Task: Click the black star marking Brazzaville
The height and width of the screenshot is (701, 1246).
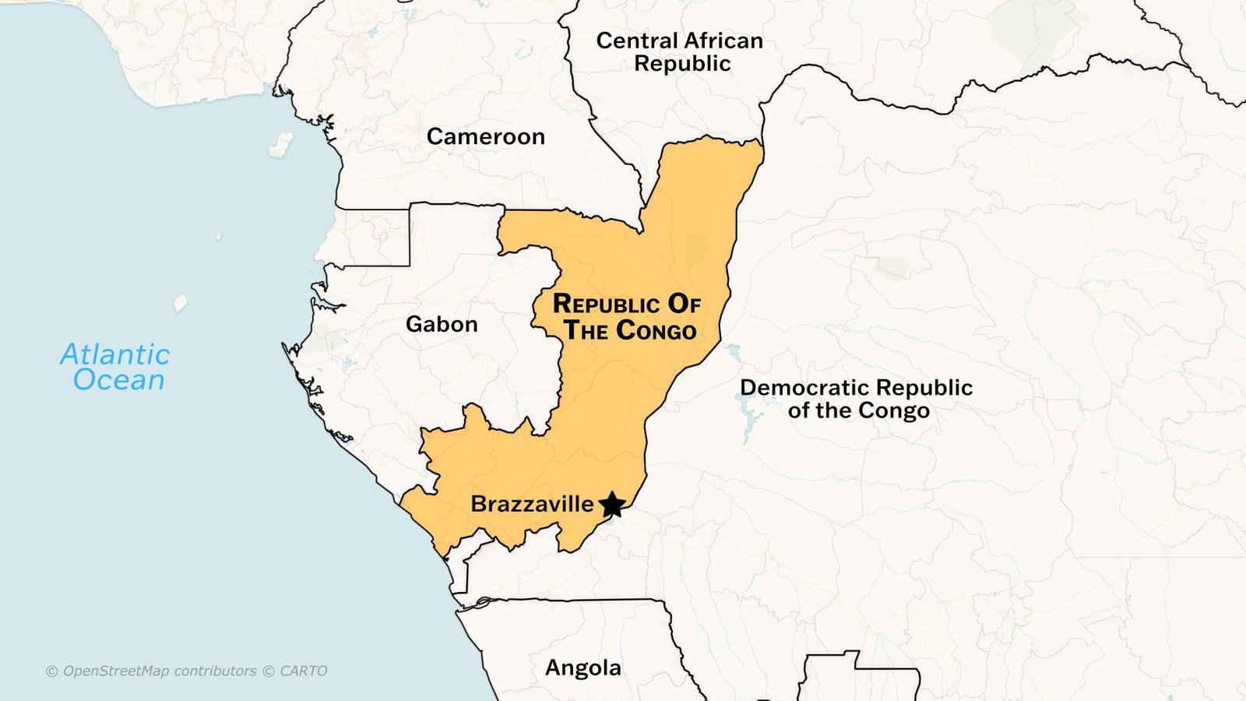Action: [613, 505]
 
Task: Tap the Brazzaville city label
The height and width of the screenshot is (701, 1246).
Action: [532, 504]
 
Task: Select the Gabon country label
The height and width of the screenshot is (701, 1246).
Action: [442, 324]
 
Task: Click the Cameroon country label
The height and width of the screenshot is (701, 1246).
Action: [485, 137]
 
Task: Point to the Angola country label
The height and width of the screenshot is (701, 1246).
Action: [583, 668]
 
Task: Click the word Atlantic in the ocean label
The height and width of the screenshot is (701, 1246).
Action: [115, 354]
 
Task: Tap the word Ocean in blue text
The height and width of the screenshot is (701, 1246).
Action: [119, 380]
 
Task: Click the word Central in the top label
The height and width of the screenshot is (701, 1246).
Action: [636, 41]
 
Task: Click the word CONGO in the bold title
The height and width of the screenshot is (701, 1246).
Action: [656, 330]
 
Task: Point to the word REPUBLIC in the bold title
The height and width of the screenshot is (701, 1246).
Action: [606, 304]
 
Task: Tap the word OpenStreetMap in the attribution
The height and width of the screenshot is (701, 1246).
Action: [115, 671]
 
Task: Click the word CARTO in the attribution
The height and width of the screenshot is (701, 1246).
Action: [303, 671]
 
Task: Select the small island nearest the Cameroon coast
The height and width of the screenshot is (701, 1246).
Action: [280, 145]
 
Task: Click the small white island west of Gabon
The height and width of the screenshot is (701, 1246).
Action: [180, 303]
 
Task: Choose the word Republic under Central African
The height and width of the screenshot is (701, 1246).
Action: [682, 64]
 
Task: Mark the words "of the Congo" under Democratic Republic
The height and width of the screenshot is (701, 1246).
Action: [858, 410]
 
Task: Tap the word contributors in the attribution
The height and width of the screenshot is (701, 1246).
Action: [215, 671]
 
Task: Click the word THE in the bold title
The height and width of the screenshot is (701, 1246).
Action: [586, 330]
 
